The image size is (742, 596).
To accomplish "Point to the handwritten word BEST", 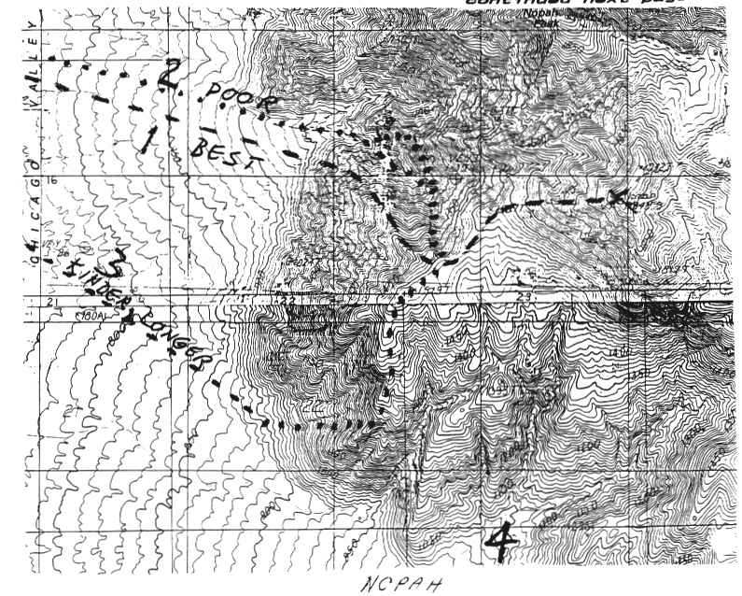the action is point(221,151).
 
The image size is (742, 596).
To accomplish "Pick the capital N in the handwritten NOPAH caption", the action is point(362,584).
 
